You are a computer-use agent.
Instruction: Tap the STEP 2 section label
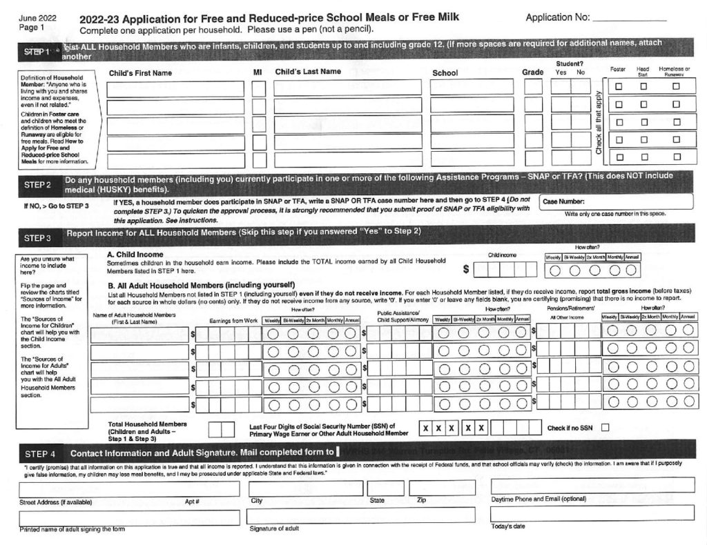38,184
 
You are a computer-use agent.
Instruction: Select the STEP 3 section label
38,238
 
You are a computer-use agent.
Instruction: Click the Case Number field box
616,201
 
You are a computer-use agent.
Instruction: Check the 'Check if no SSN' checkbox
606,428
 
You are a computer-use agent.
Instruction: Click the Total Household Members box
221,428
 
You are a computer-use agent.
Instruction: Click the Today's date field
592,513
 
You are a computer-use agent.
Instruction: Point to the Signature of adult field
360,515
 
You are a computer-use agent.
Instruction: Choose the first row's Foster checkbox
619,87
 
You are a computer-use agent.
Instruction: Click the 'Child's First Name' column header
140,73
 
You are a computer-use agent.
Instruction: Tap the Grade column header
532,72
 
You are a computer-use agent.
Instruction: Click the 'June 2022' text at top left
38,17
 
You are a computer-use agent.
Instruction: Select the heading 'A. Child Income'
135,255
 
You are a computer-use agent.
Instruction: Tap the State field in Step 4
385,488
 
